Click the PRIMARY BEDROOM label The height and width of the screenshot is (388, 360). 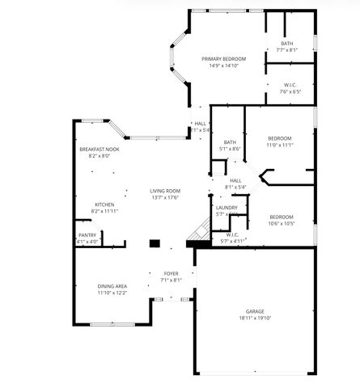click(x=223, y=59)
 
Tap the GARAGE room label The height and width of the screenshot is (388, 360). click(x=255, y=311)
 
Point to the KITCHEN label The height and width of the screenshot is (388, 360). click(x=105, y=205)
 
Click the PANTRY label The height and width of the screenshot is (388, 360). click(x=87, y=235)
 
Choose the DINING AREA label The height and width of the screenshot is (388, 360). click(x=111, y=286)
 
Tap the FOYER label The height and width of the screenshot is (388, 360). click(x=171, y=273)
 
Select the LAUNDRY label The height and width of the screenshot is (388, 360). click(x=227, y=208)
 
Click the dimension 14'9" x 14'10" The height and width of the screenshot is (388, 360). click(x=223, y=65)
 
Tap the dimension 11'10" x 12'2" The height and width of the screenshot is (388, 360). click(x=111, y=293)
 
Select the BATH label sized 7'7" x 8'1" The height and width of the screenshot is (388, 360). click(x=287, y=44)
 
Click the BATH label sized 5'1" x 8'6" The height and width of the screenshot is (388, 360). click(x=230, y=142)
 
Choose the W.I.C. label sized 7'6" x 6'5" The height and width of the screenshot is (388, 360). click(x=291, y=85)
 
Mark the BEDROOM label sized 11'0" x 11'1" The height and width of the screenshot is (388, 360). click(x=280, y=137)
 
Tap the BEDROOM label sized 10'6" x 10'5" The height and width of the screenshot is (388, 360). click(x=282, y=217)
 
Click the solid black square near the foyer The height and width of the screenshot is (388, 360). click(x=155, y=242)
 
